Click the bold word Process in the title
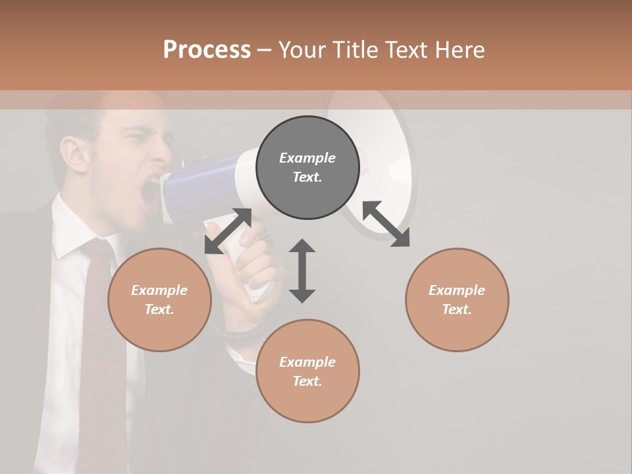[207, 49]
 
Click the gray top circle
[307, 168]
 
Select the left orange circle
[159, 300]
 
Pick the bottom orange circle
[307, 371]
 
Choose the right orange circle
[457, 300]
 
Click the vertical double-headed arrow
[302, 271]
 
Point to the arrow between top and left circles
[228, 231]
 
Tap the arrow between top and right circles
[386, 224]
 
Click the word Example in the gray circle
[307, 158]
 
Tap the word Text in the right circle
[457, 309]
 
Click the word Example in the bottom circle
[307, 361]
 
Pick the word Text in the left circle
[159, 309]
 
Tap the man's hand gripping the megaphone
[250, 270]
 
